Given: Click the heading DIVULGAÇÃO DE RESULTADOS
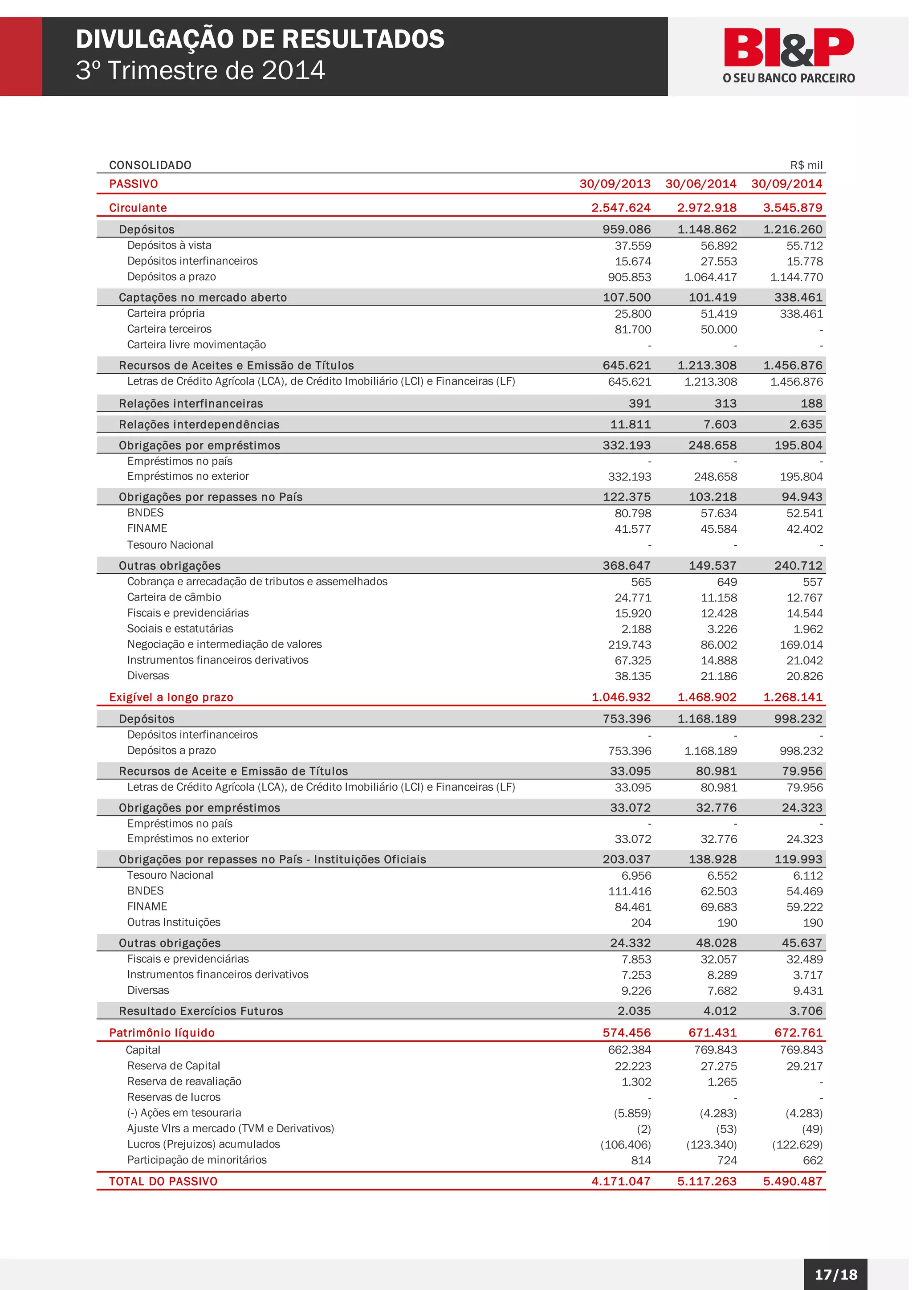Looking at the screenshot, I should tap(260, 39).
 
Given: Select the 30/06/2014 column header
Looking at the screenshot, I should tap(700, 184).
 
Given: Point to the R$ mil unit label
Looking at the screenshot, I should tap(806, 165).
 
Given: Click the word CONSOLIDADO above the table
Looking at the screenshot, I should tap(150, 165).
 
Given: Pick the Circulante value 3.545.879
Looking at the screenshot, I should tap(792, 208).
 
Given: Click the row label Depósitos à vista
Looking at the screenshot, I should tap(169, 245).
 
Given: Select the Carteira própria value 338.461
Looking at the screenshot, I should tap(801, 314).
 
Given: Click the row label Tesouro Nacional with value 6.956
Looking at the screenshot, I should tap(170, 875).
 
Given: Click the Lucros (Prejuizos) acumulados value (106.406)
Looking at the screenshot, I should tap(626, 1144).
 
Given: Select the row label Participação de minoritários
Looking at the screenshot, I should tap(196, 1159).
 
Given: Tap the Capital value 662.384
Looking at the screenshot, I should tap(630, 1050).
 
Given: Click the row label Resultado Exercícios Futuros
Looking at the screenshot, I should tap(200, 1011).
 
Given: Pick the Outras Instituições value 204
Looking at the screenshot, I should tap(641, 923).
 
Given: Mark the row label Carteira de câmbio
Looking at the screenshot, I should tap(174, 597).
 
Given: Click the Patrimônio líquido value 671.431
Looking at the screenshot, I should tap(712, 1033).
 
